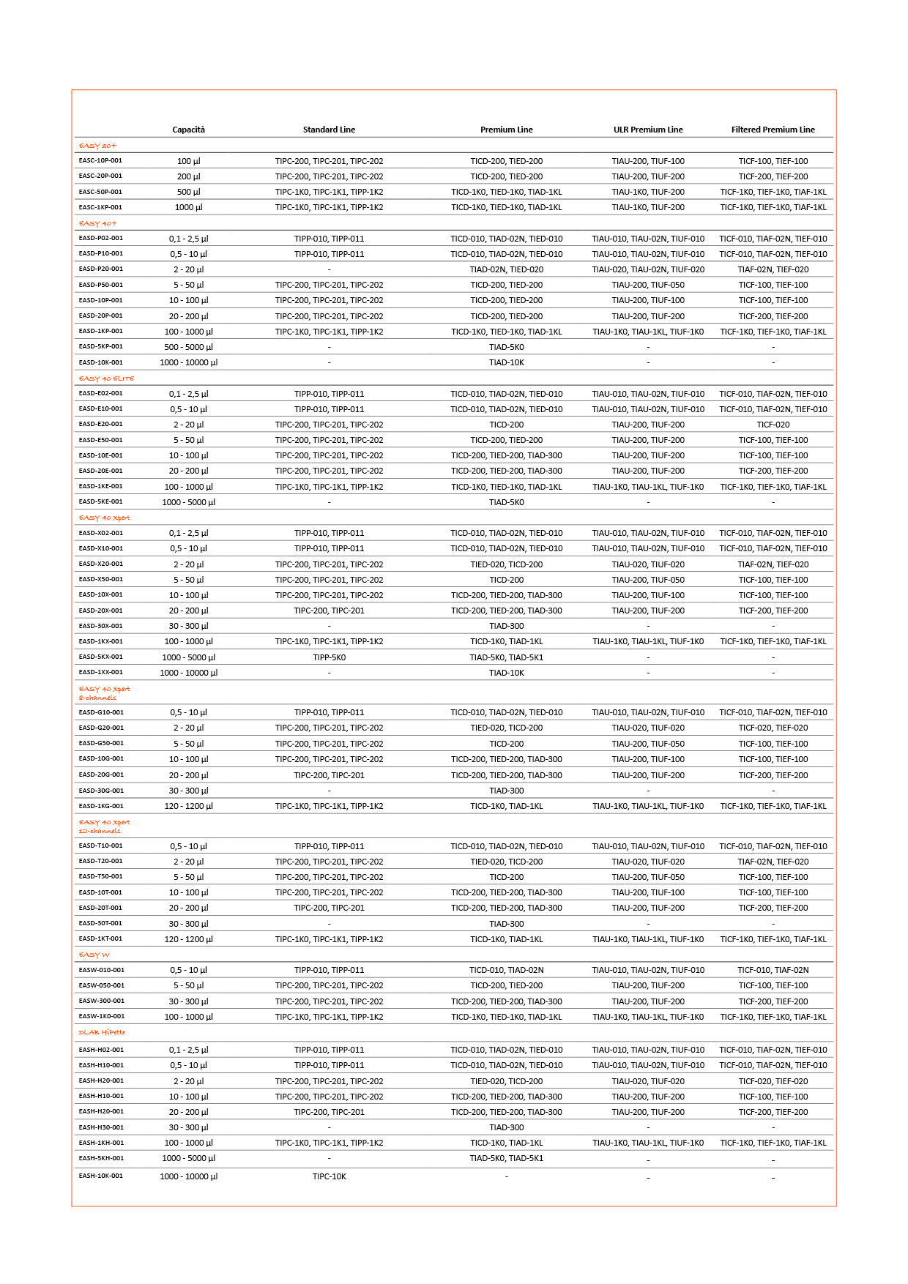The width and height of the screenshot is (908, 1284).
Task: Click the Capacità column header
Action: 188,130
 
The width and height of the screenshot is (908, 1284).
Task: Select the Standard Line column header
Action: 329,130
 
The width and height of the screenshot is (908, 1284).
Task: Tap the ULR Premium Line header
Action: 648,130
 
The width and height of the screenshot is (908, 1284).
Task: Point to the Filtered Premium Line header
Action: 773,130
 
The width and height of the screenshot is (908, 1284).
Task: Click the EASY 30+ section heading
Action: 97,146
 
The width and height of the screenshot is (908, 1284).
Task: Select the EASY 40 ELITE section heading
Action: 106,378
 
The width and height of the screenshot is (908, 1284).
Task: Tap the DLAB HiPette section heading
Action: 102,1032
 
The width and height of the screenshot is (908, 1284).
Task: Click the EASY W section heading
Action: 94,955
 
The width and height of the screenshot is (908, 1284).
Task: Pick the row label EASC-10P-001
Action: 100,160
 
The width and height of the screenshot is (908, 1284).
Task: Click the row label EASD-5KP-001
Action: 100,346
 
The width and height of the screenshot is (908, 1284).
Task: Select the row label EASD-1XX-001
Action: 100,672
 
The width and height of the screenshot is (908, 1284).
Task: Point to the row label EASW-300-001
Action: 101,1001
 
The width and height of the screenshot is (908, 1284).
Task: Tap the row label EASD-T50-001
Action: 100,876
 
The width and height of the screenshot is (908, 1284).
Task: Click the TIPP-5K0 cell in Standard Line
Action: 329,657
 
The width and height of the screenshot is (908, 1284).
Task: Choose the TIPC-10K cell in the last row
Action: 329,1176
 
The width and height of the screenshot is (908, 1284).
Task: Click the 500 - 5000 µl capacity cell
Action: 188,347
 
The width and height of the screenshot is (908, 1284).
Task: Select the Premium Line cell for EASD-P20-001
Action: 506,269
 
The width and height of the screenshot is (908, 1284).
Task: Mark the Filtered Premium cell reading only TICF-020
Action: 773,425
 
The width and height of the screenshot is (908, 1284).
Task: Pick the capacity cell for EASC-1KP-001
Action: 188,207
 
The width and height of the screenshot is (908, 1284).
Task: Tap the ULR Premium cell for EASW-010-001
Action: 648,970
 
